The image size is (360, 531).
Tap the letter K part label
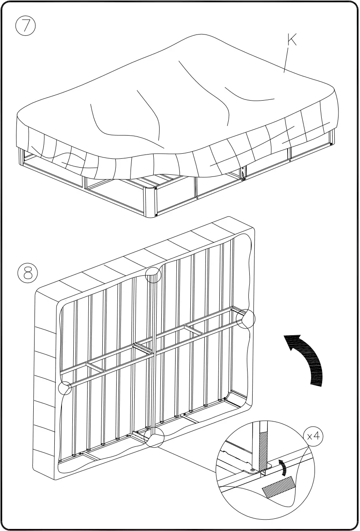(x=291, y=40)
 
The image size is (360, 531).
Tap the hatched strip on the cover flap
(x=278, y=487)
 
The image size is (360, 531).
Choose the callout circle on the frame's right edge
(x=245, y=319)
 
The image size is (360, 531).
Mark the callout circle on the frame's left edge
(x=65, y=388)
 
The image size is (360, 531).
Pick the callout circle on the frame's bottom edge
(x=154, y=438)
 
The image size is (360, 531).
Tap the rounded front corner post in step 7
(x=150, y=202)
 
